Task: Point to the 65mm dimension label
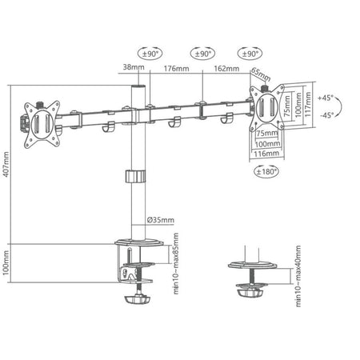tap(258, 72)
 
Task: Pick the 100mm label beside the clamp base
tap(7, 263)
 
